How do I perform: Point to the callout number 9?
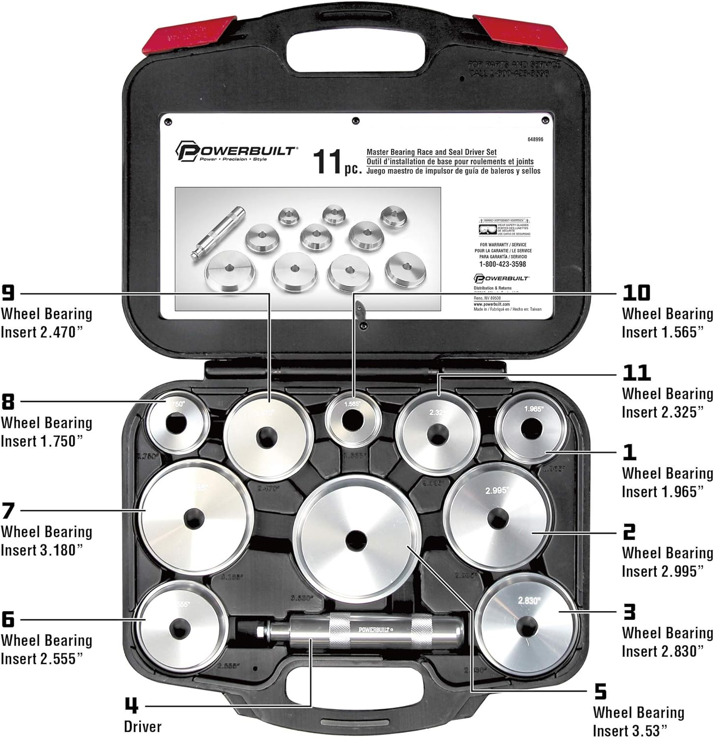click(x=8, y=293)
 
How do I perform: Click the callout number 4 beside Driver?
click(x=131, y=706)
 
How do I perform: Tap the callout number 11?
click(x=636, y=373)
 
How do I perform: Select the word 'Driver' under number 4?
click(x=143, y=726)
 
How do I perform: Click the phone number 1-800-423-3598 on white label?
click(x=502, y=264)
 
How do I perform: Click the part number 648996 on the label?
click(x=535, y=140)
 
